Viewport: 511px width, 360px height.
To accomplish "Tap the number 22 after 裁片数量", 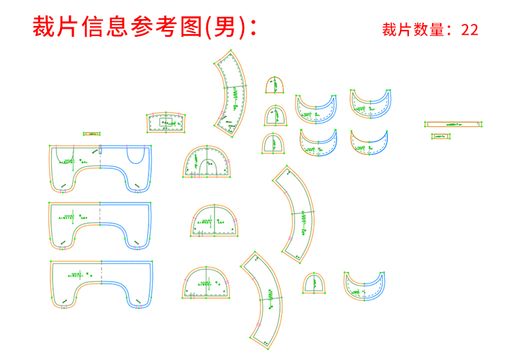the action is [469, 30].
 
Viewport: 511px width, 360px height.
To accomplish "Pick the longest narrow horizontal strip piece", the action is [453, 124].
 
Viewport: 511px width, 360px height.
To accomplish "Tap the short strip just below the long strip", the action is [442, 136].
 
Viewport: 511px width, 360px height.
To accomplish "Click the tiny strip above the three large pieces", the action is [91, 134].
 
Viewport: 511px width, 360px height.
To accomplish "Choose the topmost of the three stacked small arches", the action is [275, 86].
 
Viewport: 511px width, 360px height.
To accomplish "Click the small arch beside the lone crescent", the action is [313, 283].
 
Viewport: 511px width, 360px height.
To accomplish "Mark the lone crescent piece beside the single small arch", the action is [367, 286].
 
